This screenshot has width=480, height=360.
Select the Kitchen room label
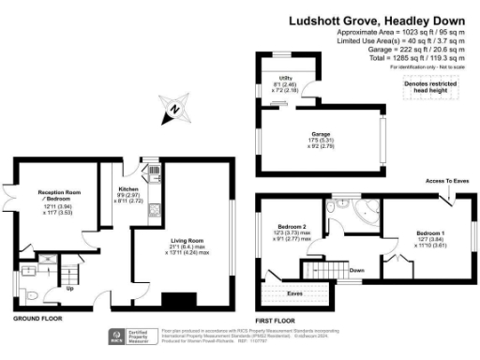tap(127, 169)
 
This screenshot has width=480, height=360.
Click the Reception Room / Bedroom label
tap(55, 194)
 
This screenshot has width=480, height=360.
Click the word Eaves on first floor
tap(294, 294)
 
